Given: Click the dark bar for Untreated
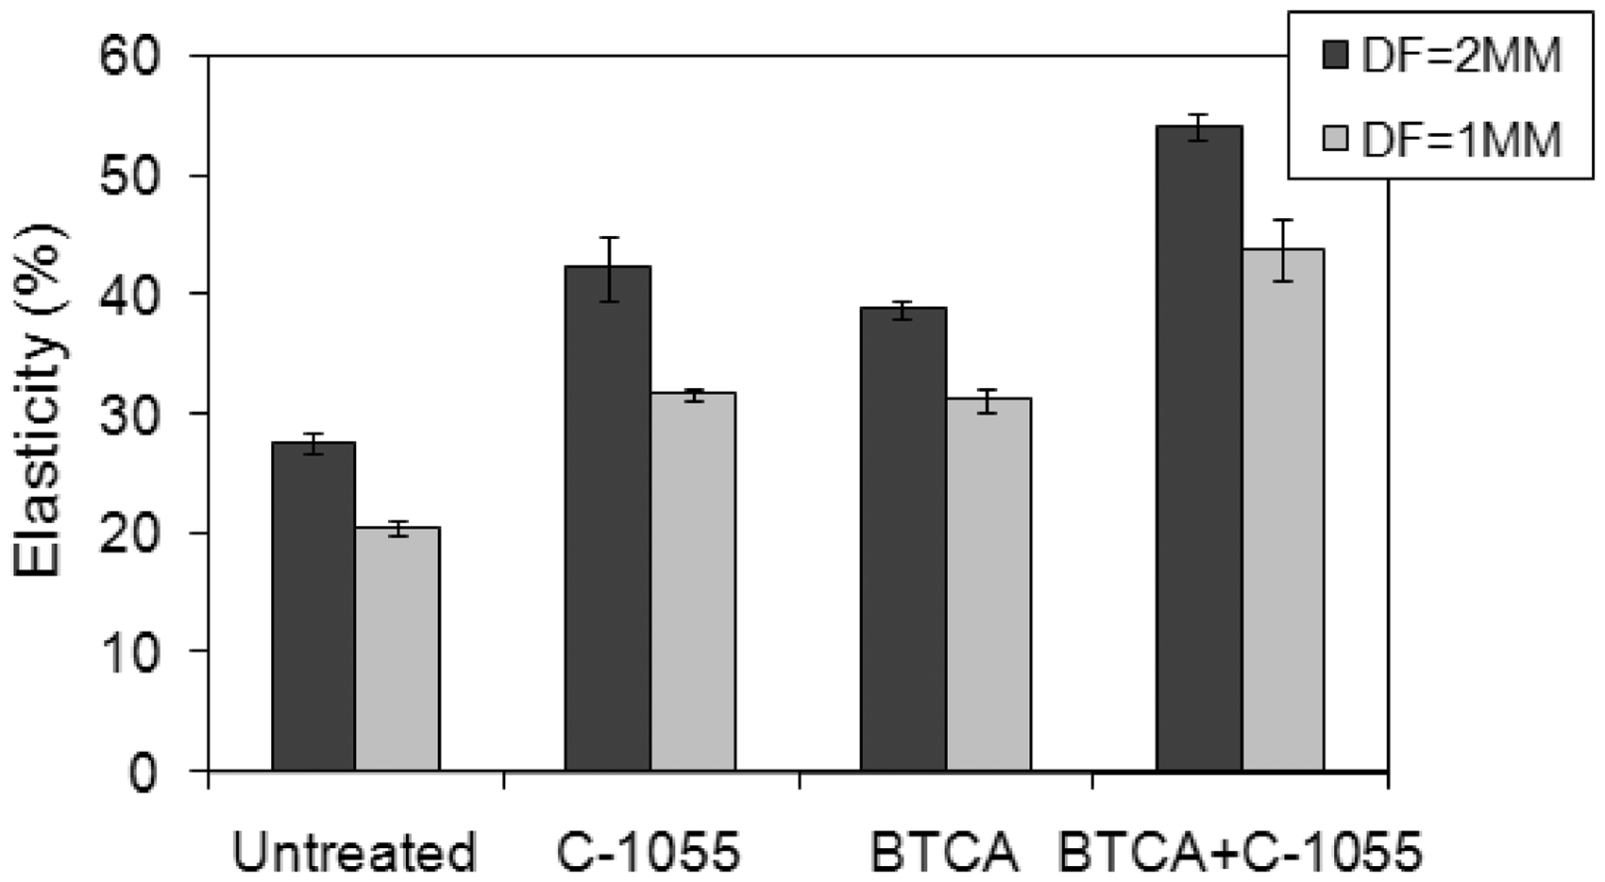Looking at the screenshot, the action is [x=313, y=606].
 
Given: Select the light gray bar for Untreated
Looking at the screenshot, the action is [x=397, y=649].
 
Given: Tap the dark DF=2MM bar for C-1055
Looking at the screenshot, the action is [x=608, y=518].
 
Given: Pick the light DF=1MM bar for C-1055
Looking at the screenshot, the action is [x=693, y=581].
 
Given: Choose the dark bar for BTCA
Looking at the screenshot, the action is [x=904, y=539].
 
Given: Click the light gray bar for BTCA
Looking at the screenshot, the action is [x=988, y=584].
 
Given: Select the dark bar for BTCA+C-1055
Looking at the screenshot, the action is [x=1199, y=448].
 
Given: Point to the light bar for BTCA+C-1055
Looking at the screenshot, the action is [x=1283, y=509].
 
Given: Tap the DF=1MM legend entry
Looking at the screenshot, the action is [x=1441, y=139].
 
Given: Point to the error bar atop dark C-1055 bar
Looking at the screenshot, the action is [x=609, y=269].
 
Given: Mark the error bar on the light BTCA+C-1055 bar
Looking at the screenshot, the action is [x=1282, y=250].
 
